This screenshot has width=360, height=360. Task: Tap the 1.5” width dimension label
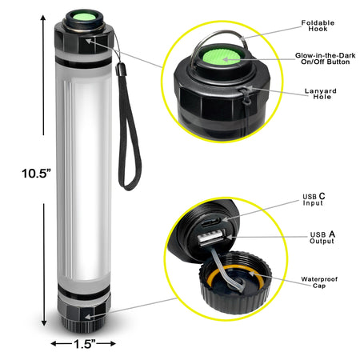point(83,344)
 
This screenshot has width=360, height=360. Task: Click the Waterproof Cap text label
point(321,282)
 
